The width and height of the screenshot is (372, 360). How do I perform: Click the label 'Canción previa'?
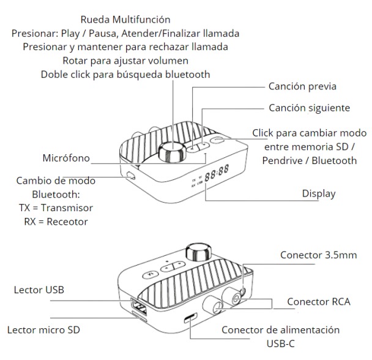tap(302, 87)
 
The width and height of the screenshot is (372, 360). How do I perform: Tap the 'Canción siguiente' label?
tap(309, 108)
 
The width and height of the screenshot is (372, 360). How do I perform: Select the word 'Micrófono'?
tap(65, 159)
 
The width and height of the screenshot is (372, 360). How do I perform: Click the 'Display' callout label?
tap(319, 193)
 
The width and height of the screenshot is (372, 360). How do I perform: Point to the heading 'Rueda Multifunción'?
tap(125, 20)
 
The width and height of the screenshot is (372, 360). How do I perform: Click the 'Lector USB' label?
tap(39, 289)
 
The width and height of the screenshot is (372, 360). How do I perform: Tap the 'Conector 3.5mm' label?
tap(318, 255)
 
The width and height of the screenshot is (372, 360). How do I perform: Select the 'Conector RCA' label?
tap(318, 302)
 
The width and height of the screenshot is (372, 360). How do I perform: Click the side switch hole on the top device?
tap(130, 176)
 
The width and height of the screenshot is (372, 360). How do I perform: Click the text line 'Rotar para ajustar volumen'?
tap(125, 61)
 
